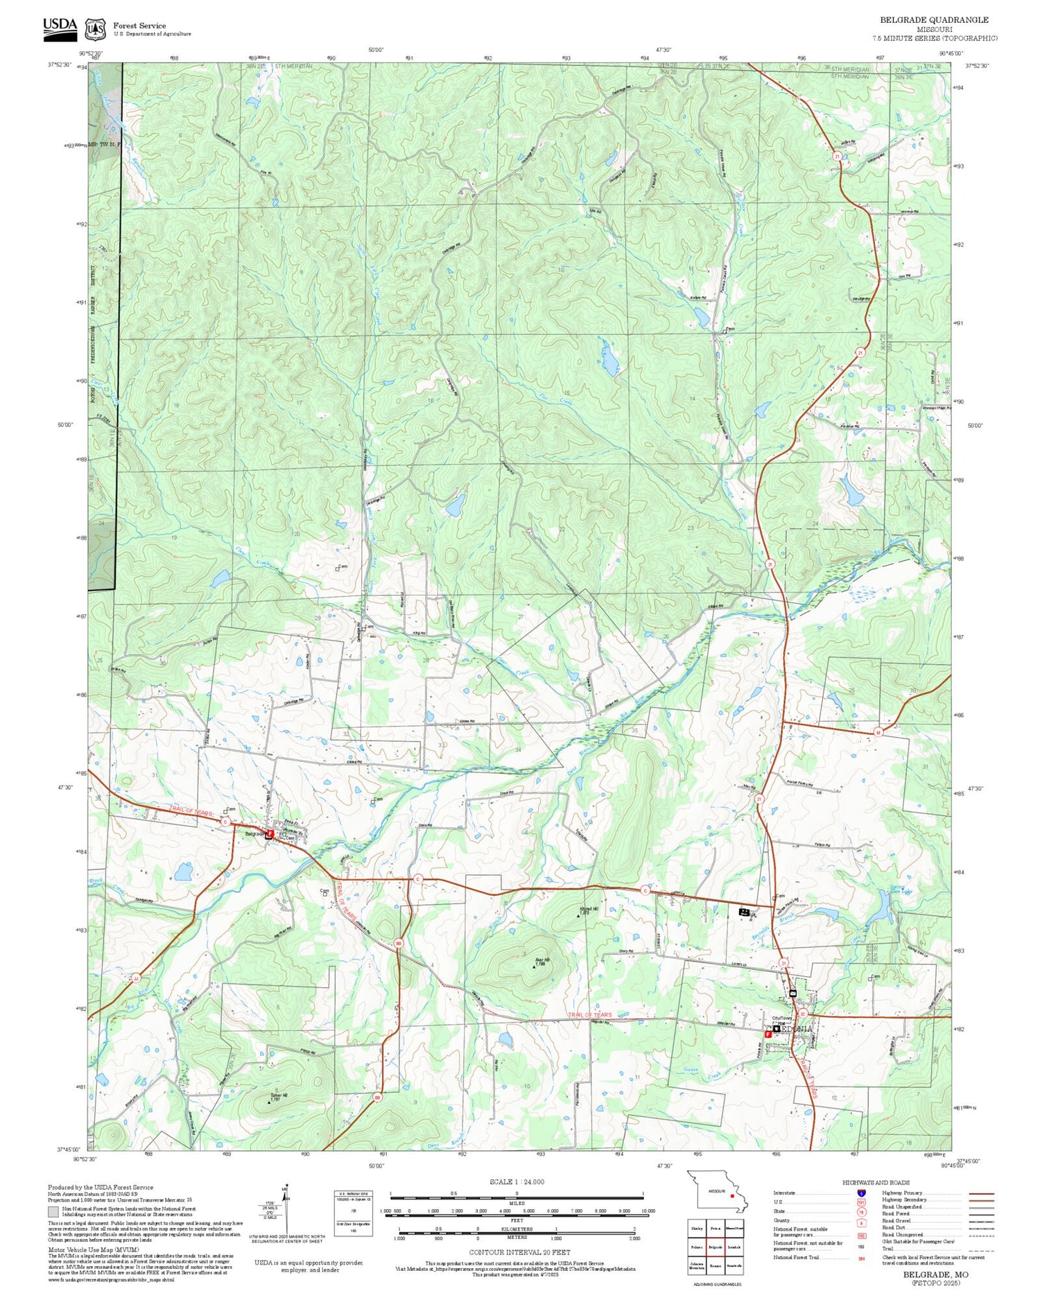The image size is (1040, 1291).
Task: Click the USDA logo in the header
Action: [60, 26]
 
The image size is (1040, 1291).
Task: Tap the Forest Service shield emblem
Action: [94, 29]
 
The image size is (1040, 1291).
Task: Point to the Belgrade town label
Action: [255, 834]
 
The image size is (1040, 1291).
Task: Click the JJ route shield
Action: [135, 978]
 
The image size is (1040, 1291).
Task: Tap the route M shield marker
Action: [878, 731]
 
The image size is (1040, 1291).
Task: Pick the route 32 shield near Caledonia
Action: [802, 1014]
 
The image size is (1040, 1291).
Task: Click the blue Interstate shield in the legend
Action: [861, 1193]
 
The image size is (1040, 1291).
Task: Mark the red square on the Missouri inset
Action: [731, 1195]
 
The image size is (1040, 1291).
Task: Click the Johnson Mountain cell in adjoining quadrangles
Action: [697, 1266]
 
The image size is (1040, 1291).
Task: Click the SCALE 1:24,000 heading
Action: [517, 1181]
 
